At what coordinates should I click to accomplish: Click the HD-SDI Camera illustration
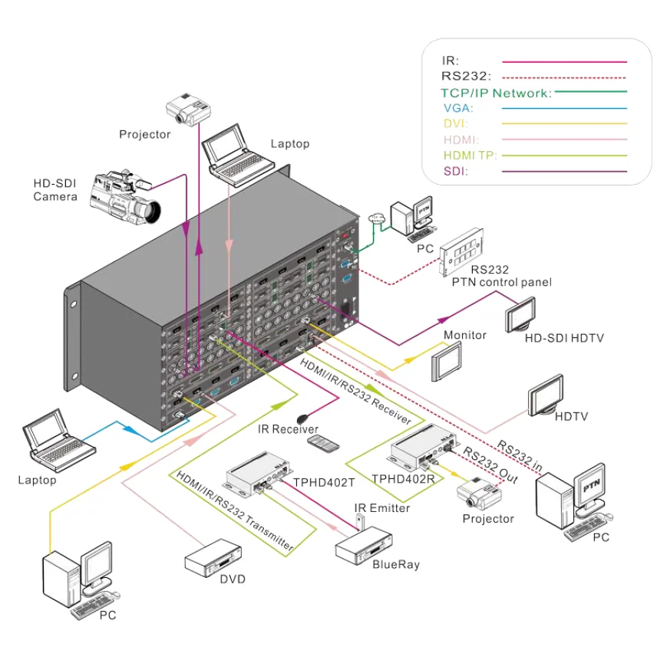coord(124,196)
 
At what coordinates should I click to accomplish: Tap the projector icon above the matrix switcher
coord(188,109)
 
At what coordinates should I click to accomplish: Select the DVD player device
coord(213,558)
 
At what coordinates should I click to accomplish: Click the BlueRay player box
coord(364,546)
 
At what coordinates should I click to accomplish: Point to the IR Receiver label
coord(288,429)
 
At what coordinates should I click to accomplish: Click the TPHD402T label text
coord(324,482)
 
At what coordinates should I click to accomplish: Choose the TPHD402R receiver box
coord(424,446)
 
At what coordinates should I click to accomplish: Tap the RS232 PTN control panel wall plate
coord(461,251)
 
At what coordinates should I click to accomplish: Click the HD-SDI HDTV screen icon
coord(520,314)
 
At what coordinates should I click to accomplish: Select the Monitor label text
coord(465,335)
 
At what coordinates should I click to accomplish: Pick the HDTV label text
coord(571,416)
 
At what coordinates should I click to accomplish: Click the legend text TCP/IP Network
coord(496,93)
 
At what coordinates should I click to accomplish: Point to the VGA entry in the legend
coord(458,108)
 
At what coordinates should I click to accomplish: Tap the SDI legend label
coord(455,171)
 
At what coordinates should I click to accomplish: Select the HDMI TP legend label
coord(470,155)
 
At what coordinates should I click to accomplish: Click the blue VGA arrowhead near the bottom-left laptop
coord(130,430)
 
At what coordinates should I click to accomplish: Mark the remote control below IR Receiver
coord(323,444)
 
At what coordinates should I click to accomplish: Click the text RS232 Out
coord(490,464)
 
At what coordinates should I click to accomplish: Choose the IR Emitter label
coord(381,508)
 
